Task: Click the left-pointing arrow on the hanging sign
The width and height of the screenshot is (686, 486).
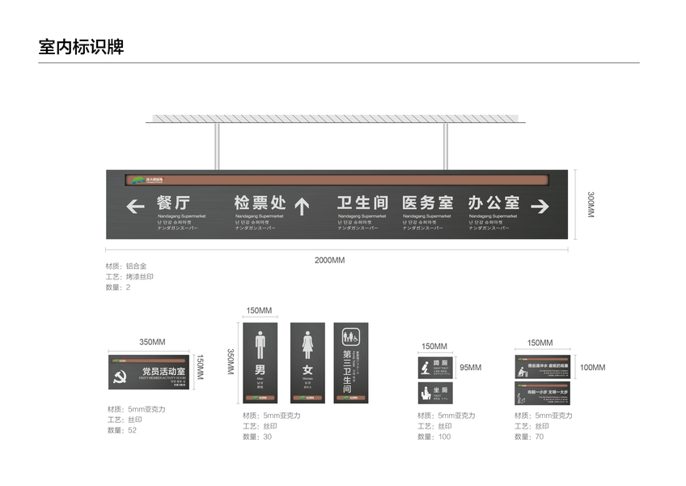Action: click(135, 207)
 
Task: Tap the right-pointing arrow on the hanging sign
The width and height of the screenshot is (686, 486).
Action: click(540, 207)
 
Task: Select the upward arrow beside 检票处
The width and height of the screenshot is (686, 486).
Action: click(302, 207)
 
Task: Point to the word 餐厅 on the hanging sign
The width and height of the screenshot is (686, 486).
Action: click(174, 202)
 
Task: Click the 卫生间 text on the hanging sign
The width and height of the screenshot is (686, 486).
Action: click(362, 202)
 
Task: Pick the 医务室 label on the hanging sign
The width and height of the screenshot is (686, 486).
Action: click(428, 202)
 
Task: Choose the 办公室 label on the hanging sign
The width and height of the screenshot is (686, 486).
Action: click(493, 202)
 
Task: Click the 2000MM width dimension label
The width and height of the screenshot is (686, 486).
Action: click(329, 260)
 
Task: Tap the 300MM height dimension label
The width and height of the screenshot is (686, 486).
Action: click(590, 204)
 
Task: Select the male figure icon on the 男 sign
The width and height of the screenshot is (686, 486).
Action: click(260, 343)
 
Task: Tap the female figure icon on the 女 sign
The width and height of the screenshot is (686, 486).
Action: click(307, 343)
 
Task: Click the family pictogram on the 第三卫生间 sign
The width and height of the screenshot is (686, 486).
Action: click(351, 335)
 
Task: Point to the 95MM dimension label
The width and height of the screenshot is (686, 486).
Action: click(470, 367)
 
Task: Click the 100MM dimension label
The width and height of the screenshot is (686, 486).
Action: click(592, 367)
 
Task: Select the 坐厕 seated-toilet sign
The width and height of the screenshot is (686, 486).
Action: click(436, 394)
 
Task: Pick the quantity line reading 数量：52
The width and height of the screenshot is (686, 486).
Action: click(122, 430)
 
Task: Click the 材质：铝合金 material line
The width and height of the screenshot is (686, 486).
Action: click(125, 266)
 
